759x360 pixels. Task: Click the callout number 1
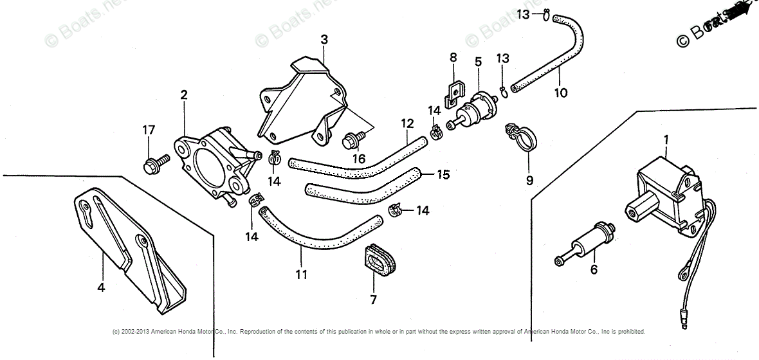666,138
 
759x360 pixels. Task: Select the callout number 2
184,95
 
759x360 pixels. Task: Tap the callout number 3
324,39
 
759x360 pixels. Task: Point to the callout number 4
101,287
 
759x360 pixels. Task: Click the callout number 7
374,300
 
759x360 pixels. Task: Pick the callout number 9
529,180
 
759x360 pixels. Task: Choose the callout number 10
561,92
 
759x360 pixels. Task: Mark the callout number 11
301,274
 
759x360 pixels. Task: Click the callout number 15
443,174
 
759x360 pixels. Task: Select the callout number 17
149,130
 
